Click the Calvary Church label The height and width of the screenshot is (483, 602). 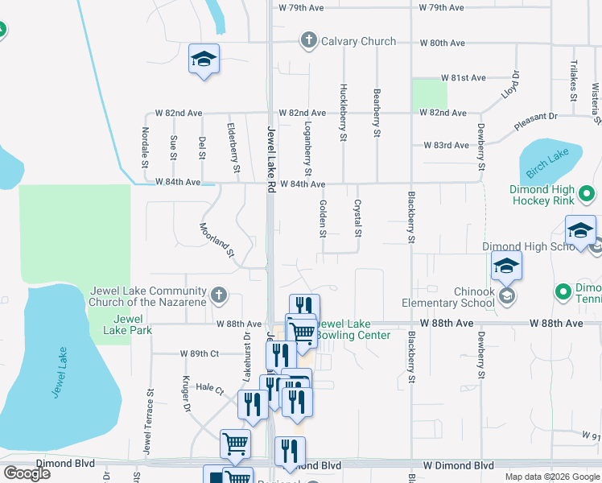click(358, 41)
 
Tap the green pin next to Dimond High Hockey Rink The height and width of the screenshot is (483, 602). click(587, 194)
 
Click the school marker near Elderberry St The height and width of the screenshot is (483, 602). click(204, 60)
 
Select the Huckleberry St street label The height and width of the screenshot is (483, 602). click(344, 113)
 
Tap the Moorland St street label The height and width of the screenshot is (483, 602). click(216, 240)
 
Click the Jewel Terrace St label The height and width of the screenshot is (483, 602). click(150, 423)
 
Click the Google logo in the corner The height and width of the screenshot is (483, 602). click(27, 473)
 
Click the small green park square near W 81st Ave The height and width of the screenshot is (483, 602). click(429, 95)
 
